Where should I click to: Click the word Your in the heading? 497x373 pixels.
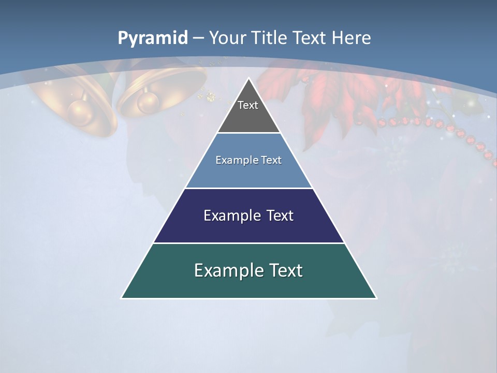point(228,38)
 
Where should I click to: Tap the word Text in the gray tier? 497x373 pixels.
point(248,106)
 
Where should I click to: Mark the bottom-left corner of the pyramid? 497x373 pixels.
point(122,298)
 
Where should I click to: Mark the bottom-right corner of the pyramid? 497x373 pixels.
point(376,298)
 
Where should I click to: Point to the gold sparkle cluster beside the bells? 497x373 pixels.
point(210,96)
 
